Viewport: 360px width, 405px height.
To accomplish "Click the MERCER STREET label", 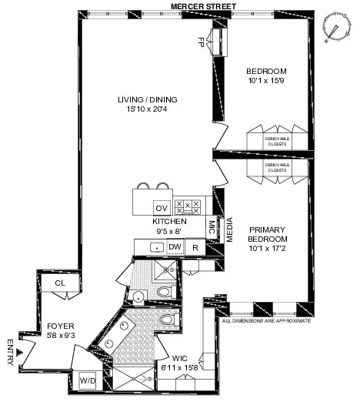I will coord(202,6).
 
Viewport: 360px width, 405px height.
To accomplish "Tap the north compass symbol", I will coord(334,28).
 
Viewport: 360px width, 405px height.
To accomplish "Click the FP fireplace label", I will coord(202,41).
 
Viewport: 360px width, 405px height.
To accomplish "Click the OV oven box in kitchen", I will coord(161,208).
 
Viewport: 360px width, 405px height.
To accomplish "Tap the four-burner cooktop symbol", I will coord(187,206).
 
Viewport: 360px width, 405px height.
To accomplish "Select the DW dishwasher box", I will coord(175,247).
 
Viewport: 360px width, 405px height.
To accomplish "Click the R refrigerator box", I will coord(195,247).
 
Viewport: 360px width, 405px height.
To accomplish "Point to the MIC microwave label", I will coord(212,228).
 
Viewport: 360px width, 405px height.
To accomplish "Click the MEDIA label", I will coord(228,230).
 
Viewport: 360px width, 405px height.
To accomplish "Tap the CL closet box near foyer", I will coord(59,284).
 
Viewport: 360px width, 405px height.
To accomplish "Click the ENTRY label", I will coord(11,351).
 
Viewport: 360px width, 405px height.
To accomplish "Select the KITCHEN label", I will coord(170,221).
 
